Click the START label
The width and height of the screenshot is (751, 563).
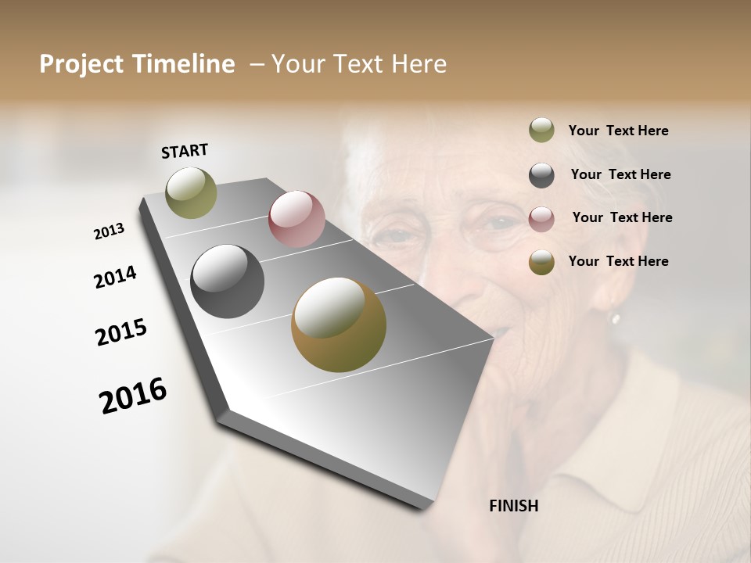[x=185, y=151]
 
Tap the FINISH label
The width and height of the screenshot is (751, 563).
[x=514, y=506]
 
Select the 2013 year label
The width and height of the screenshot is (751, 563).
[x=109, y=231]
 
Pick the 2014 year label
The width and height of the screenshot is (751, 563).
[x=115, y=277]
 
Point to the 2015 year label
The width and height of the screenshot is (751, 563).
[x=121, y=332]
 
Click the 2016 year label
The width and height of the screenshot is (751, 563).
[x=133, y=395]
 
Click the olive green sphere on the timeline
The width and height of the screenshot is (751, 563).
[x=192, y=192]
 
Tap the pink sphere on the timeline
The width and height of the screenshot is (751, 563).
[x=296, y=219]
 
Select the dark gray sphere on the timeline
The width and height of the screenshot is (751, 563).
[x=228, y=281]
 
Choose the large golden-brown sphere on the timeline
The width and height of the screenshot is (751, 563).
[x=339, y=325]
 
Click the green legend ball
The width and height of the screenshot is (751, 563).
[x=541, y=131]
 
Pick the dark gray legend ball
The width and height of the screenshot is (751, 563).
[x=541, y=175]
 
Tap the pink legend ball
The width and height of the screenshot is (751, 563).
[x=541, y=218]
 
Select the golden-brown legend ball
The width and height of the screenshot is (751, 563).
[x=541, y=262]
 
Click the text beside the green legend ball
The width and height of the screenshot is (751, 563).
[x=618, y=131]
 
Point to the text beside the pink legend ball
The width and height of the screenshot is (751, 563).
[x=622, y=217]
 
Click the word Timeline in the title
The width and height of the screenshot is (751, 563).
[x=184, y=64]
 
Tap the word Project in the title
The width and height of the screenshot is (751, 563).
[x=81, y=65]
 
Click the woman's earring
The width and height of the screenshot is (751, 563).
[x=615, y=318]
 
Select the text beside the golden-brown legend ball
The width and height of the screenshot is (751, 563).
[x=618, y=261]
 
